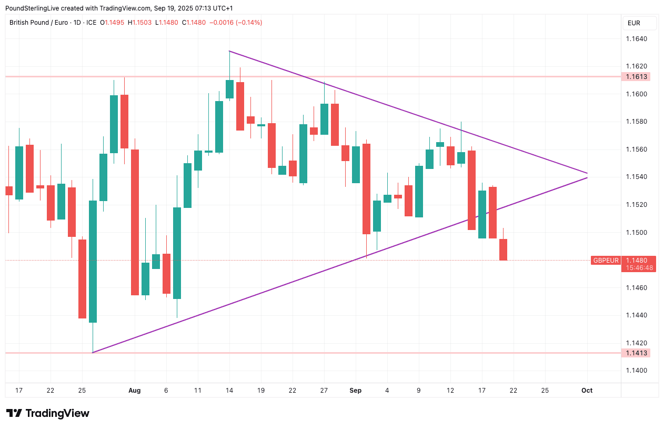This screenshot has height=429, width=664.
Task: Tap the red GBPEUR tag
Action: pyautogui.click(x=606, y=260)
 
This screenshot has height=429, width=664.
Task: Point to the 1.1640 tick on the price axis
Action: pyautogui.click(x=636, y=39)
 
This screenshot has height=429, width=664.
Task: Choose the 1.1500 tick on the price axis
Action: pyautogui.click(x=636, y=233)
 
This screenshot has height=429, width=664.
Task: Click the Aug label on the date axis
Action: pyautogui.click(x=135, y=390)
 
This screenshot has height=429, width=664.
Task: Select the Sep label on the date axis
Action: pyautogui.click(x=356, y=390)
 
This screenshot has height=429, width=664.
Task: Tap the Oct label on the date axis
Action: pyautogui.click(x=587, y=390)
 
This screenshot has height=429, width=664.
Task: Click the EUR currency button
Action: pyautogui.click(x=639, y=23)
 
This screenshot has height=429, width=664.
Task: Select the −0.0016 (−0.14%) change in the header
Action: pyautogui.click(x=236, y=23)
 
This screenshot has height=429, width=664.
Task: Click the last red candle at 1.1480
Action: pyautogui.click(x=503, y=250)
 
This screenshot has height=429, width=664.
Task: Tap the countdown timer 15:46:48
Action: pyautogui.click(x=639, y=267)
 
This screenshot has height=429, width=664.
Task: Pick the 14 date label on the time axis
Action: pyautogui.click(x=229, y=390)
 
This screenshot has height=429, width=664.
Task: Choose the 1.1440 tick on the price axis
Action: pyautogui.click(x=636, y=315)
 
